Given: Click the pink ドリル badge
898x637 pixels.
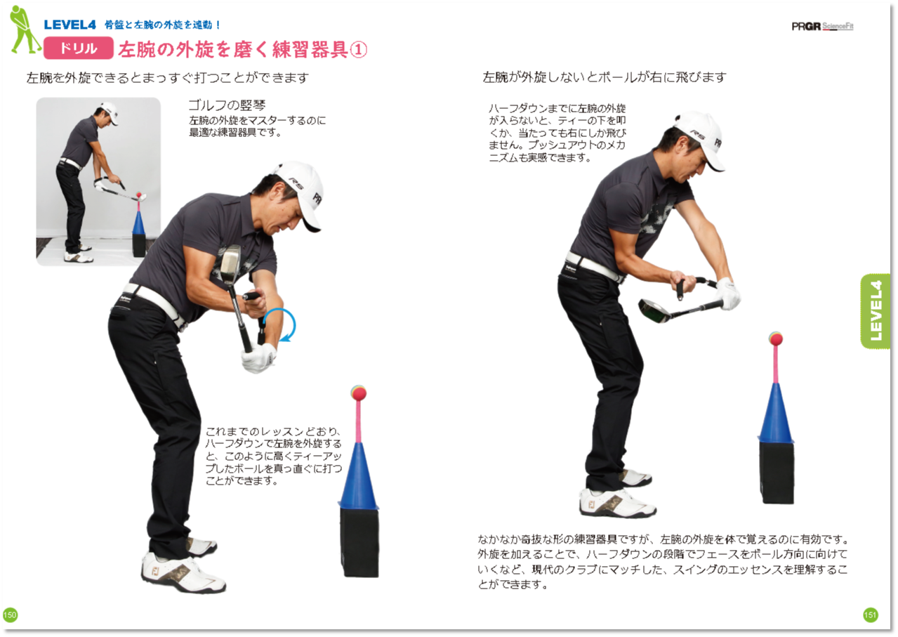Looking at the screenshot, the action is (x=78, y=48).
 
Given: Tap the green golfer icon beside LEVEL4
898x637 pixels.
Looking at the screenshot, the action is (x=25, y=29).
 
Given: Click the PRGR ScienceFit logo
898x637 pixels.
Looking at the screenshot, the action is (x=822, y=27).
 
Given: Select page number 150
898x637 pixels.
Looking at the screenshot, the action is (x=10, y=615).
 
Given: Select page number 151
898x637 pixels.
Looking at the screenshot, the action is (x=871, y=615).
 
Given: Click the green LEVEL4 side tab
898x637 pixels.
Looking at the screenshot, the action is (x=876, y=311).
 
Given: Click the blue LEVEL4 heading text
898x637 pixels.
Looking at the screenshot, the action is (x=70, y=25).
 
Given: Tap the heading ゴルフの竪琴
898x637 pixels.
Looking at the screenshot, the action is (x=227, y=105).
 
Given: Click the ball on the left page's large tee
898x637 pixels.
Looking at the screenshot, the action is (x=358, y=393).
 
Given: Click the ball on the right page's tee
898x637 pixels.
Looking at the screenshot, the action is (x=776, y=339).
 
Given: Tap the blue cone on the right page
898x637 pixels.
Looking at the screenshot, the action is (x=776, y=412).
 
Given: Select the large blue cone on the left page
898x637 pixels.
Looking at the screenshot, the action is (x=358, y=475).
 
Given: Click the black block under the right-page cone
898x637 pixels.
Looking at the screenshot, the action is (x=777, y=473).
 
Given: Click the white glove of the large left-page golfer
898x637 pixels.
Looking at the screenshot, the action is (x=259, y=357).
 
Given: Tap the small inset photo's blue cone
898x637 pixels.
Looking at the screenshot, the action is (x=138, y=223).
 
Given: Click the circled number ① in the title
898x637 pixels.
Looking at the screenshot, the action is (x=358, y=50).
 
